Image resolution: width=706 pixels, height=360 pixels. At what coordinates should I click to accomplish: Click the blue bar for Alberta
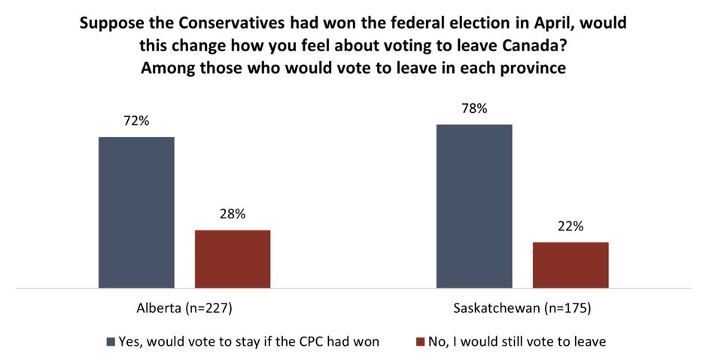[x=136, y=212]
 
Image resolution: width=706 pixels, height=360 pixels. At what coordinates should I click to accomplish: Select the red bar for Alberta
[x=233, y=258]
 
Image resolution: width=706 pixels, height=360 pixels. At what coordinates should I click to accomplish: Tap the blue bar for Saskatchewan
[x=474, y=206]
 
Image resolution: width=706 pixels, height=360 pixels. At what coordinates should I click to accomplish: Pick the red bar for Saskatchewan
[x=571, y=264]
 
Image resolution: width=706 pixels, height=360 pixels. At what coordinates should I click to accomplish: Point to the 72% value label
[x=136, y=121]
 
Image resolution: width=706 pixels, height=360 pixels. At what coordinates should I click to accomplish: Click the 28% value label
[x=233, y=214]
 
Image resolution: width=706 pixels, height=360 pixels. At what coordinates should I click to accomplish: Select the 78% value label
[x=474, y=108]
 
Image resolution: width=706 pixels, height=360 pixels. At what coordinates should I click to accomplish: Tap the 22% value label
[x=571, y=227]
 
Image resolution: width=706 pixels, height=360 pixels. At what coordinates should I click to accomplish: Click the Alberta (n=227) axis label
[x=184, y=309]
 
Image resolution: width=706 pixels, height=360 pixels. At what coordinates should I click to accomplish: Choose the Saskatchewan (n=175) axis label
[x=522, y=309]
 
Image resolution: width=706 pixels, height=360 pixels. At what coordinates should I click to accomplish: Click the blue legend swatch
[x=111, y=341]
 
